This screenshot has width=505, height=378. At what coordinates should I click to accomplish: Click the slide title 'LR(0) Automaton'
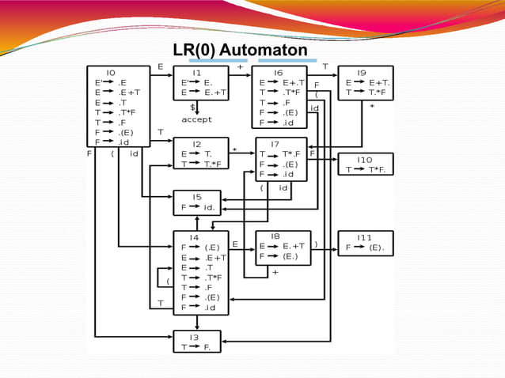point(240,51)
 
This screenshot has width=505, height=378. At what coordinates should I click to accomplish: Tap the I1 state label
point(196,72)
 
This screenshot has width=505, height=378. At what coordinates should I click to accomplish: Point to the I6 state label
point(278,72)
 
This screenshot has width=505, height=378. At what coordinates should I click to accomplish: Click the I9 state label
point(360,72)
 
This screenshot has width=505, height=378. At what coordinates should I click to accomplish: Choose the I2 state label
point(196,144)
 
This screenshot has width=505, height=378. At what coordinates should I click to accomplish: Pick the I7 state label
point(275,144)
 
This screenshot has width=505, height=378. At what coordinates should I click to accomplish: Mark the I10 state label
point(364,159)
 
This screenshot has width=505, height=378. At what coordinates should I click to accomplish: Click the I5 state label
point(196,197)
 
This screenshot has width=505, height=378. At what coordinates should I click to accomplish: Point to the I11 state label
point(364,236)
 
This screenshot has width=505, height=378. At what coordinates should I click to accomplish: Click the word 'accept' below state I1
point(196,119)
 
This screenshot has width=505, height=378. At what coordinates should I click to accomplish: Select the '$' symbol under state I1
point(192,106)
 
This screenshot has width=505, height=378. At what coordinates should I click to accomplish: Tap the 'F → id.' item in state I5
point(197,207)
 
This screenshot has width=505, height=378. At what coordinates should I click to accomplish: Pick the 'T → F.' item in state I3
point(196,346)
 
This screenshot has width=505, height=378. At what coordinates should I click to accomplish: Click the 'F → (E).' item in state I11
point(365,247)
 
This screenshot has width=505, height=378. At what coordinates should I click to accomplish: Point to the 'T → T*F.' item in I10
point(365,169)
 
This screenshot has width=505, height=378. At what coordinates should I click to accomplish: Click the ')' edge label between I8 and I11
point(315,244)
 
